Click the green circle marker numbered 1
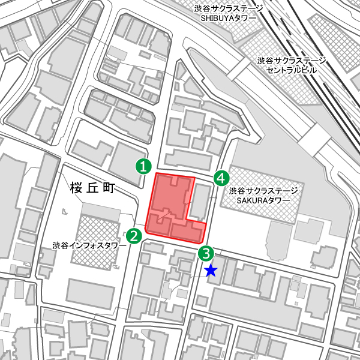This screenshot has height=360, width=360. [142, 166]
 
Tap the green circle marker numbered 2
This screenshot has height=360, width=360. [134, 236]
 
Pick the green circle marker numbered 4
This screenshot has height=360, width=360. [221, 178]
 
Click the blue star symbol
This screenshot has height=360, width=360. [211, 271]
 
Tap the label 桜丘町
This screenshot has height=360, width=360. [91, 188]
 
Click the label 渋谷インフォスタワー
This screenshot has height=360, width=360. [89, 245]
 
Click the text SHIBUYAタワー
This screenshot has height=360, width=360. [229, 17]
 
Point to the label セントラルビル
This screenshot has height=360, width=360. [292, 70]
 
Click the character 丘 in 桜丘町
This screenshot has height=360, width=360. [91, 188]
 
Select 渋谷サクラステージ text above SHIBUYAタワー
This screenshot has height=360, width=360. [229, 8]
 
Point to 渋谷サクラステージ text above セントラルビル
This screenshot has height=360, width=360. [292, 61]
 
